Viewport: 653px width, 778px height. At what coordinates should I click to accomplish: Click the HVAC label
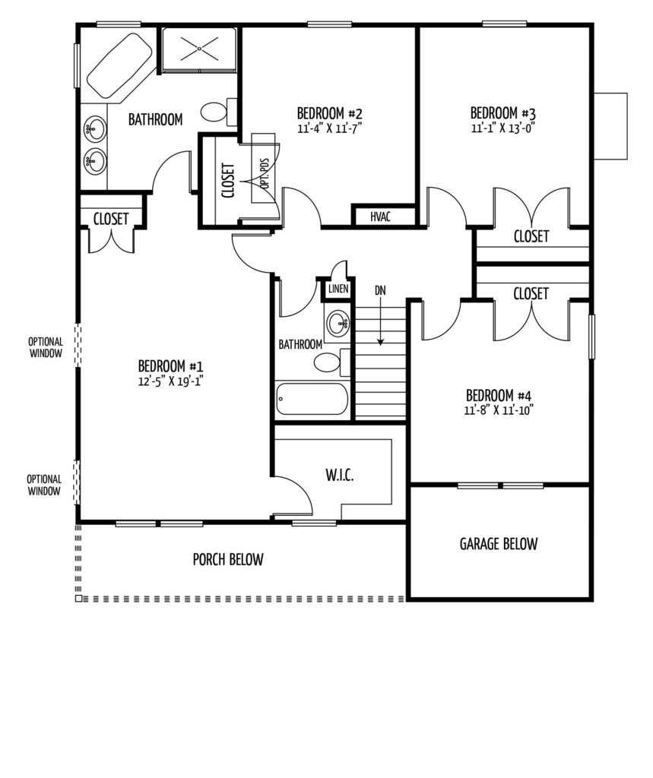(380, 217)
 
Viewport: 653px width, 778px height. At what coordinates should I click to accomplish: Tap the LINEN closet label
(338, 289)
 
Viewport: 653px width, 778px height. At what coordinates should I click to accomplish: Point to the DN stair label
(380, 290)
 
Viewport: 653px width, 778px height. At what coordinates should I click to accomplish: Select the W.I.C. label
(340, 476)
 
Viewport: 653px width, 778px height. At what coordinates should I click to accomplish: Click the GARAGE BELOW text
(499, 544)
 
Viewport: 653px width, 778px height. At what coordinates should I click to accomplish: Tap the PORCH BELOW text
(228, 560)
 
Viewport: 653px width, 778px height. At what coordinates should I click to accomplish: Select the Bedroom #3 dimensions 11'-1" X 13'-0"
(503, 128)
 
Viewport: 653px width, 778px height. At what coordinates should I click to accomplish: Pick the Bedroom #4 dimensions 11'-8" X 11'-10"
(499, 411)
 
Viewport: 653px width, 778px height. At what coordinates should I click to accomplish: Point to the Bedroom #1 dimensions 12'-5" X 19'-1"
(171, 381)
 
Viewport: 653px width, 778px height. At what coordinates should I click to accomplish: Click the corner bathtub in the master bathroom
(119, 65)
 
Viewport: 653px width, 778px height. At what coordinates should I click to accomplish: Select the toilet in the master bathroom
(219, 112)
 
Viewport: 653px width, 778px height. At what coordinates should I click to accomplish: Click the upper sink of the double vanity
(94, 129)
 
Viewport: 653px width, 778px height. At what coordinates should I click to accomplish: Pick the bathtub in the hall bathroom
(312, 398)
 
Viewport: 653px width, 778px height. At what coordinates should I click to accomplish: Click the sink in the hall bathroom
(339, 322)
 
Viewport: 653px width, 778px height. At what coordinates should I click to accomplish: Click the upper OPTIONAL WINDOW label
(46, 347)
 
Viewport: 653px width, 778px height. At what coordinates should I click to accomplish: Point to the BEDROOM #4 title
(499, 396)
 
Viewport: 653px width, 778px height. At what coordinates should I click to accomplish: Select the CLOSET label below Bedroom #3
(531, 237)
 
